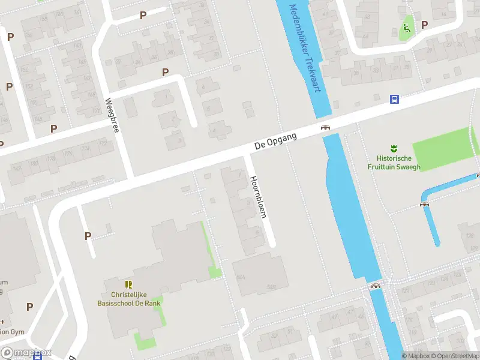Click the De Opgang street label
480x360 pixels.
(275, 140)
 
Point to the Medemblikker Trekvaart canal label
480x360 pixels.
(305, 48)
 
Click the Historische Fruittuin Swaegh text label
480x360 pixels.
(394, 163)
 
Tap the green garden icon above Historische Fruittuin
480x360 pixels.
(394, 148)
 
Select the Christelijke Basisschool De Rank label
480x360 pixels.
(128, 299)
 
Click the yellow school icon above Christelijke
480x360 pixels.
(128, 284)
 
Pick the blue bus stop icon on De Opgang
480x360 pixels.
(394, 99)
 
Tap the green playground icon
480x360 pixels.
(406, 27)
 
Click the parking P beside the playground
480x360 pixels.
(425, 25)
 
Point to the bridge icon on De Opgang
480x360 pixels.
(325, 127)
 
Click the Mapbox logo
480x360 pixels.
(26, 353)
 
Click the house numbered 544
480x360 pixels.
(241, 277)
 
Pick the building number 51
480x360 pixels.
(290, 331)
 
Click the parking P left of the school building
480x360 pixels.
(88, 236)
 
